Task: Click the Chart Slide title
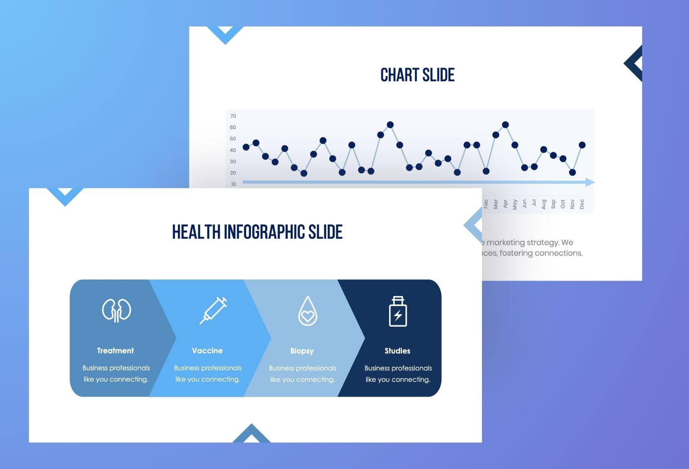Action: point(417,75)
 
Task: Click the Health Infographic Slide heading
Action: point(257,232)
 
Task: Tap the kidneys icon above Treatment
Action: point(117,311)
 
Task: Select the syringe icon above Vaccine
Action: point(213,311)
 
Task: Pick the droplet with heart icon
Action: point(307,311)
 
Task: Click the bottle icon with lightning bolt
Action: point(398,311)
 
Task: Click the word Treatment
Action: point(115,351)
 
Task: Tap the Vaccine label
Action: point(207,351)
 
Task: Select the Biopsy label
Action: point(302,351)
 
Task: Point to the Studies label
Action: point(397,351)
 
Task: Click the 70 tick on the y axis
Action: point(233,116)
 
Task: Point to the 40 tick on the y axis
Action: point(233,150)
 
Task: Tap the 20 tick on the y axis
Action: point(233,173)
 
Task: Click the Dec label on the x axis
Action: point(582,204)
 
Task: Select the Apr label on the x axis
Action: point(505,204)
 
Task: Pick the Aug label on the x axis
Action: point(544,204)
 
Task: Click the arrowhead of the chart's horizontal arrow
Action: point(590,182)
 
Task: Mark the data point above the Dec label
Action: point(582,145)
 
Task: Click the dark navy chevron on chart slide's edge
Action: point(634,64)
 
